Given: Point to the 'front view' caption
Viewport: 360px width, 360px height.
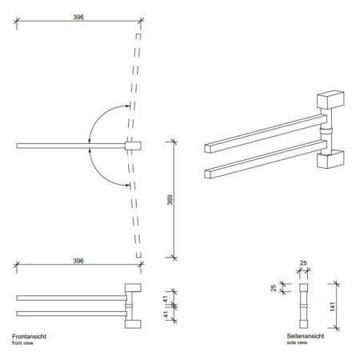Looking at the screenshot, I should point(25,344).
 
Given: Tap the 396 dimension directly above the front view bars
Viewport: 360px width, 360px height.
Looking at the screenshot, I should point(77,261).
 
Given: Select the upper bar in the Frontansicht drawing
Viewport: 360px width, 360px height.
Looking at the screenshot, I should point(68,298).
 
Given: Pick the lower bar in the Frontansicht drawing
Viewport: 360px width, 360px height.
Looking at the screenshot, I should point(68,311).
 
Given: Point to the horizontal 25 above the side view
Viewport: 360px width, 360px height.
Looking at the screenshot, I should point(304,262).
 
